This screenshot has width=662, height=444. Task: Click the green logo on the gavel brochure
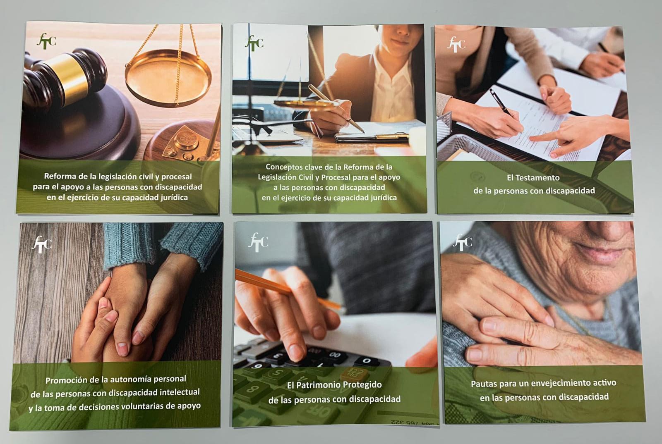click(x=46, y=41)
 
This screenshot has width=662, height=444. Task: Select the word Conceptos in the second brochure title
click(x=283, y=167)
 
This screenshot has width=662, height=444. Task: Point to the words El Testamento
click(x=533, y=178)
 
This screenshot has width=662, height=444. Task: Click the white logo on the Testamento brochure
click(x=456, y=44)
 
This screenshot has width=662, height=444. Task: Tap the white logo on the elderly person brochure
click(x=462, y=242)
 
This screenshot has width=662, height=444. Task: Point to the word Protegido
click(x=364, y=385)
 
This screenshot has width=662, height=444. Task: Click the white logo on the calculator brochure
click(x=258, y=242)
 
